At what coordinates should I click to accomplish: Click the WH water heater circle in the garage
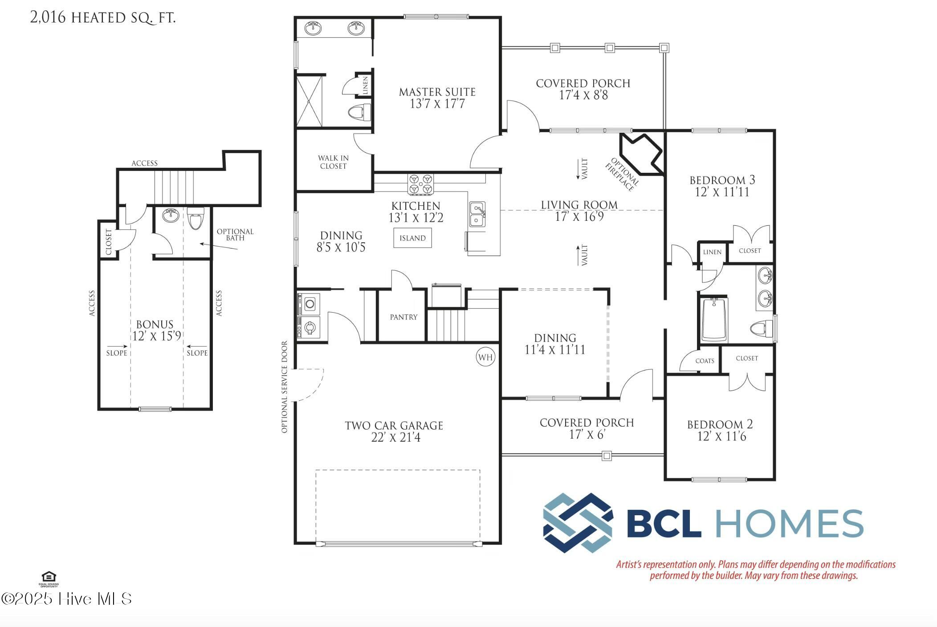[x=485, y=357]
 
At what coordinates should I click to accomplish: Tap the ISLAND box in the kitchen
[x=412, y=238]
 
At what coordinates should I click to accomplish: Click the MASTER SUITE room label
[x=437, y=92]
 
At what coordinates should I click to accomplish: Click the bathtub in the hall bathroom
[x=714, y=319]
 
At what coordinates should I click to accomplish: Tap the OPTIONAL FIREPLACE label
[x=622, y=175]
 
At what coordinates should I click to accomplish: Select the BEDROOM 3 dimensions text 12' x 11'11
[x=722, y=192]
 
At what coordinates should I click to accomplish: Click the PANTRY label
[x=403, y=317]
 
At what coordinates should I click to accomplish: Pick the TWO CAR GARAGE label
[x=394, y=426]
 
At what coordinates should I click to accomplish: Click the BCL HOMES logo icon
[x=578, y=523]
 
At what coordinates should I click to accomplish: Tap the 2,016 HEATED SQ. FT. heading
[x=103, y=18]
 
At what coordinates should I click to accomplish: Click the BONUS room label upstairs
[x=155, y=324]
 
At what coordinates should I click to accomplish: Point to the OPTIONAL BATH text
[x=235, y=234]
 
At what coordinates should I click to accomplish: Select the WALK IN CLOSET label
[x=333, y=162]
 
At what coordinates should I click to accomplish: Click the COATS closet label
[x=705, y=361]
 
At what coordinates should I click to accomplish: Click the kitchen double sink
[x=477, y=214]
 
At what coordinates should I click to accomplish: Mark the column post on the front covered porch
[x=606, y=456]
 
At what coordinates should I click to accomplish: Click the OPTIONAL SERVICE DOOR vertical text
[x=285, y=387]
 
